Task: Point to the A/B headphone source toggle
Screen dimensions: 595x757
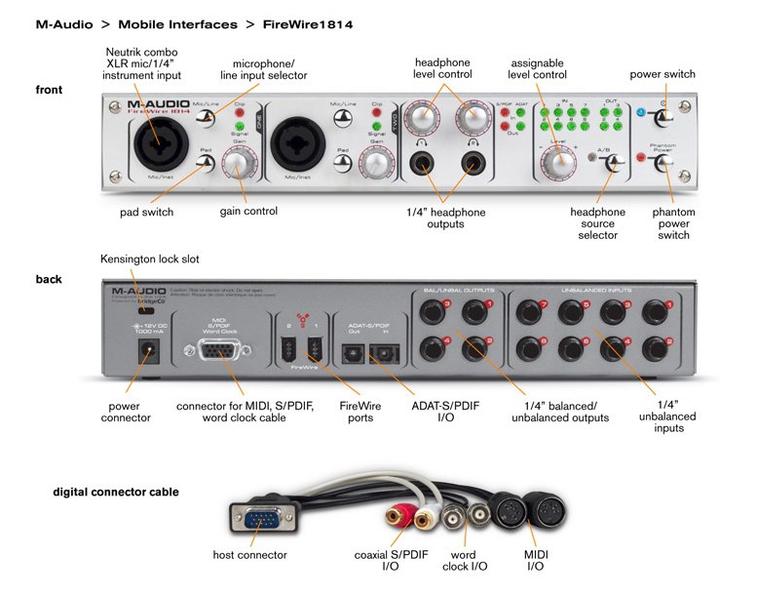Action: (x=611, y=163)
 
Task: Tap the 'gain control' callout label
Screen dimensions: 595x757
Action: (x=248, y=211)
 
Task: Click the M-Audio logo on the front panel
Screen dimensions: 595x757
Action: (x=158, y=102)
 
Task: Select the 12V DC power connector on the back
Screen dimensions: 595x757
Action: (x=149, y=353)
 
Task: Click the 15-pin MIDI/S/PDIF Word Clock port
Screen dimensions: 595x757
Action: (x=223, y=349)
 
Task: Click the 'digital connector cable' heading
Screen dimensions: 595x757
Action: (x=116, y=493)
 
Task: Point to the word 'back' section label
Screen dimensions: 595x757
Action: (x=49, y=280)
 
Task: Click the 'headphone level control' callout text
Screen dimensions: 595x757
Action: (x=444, y=68)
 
